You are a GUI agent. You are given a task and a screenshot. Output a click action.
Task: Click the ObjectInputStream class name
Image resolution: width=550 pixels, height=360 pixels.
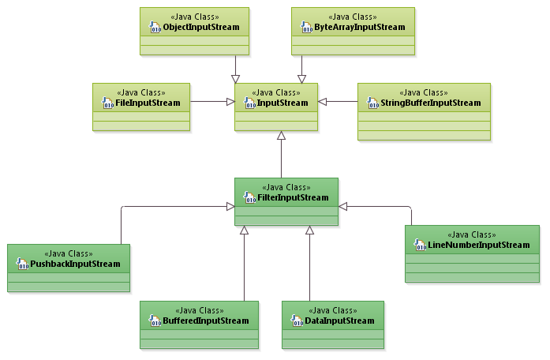coord(200,28)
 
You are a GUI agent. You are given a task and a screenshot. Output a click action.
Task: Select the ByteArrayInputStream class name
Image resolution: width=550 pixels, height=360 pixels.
coord(354,28)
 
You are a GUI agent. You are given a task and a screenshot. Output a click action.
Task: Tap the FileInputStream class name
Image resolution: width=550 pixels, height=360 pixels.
coord(148,103)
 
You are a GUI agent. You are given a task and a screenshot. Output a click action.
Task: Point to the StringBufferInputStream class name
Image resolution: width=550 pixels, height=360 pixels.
coord(429,103)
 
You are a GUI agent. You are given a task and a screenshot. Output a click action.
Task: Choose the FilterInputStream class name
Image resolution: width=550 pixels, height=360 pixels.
coord(292,197)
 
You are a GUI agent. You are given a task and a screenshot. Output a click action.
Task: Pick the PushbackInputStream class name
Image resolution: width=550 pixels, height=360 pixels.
coord(74,264)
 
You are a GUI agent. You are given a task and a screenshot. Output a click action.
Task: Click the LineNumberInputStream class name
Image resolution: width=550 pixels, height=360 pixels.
coord(478,245)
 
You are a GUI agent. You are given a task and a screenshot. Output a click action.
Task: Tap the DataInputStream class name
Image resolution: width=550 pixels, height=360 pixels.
coord(339,321)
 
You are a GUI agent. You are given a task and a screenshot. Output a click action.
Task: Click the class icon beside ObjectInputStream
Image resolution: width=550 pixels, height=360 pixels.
coord(155,28)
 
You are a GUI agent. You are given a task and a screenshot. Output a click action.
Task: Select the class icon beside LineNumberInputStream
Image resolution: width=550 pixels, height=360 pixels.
coord(420,245)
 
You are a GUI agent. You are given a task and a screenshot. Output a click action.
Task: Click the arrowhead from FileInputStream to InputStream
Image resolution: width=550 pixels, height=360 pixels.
coord(230,101)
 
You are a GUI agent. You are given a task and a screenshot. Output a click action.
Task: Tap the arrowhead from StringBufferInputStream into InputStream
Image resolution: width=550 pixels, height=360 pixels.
coord(323,101)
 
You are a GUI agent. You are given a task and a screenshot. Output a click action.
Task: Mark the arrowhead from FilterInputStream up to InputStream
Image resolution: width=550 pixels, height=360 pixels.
coord(281,137)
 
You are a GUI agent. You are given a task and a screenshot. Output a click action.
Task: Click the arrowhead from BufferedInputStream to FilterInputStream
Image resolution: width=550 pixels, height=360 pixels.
coord(245,231)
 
